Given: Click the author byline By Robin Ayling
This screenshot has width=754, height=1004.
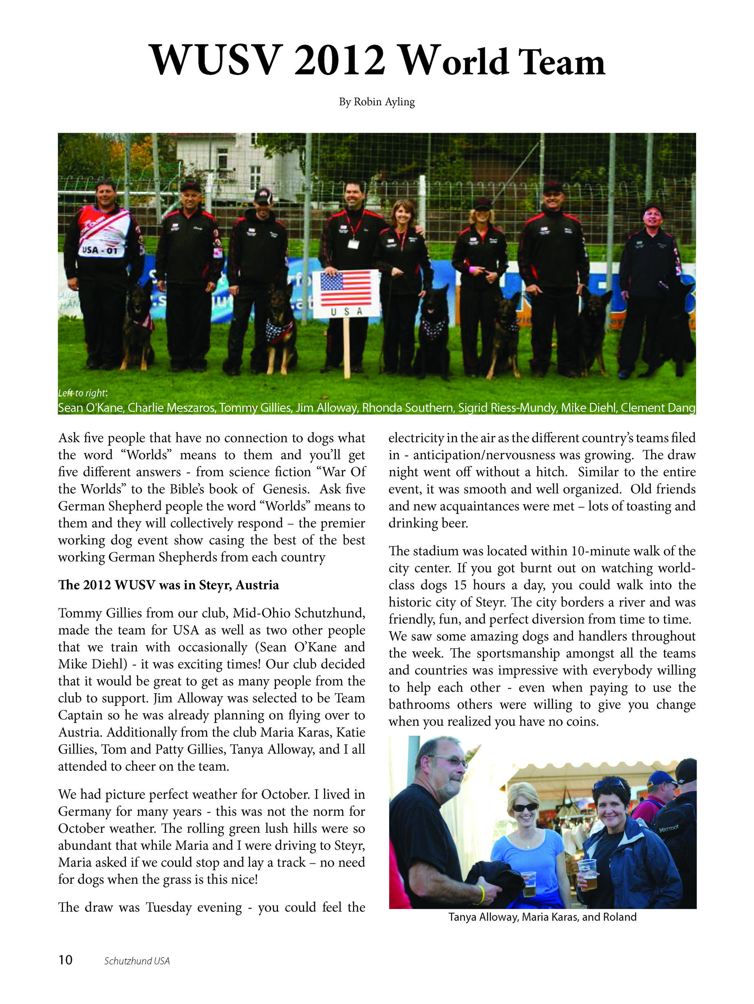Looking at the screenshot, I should tap(377, 102).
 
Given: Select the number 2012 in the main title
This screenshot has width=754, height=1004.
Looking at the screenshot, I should tap(340, 60).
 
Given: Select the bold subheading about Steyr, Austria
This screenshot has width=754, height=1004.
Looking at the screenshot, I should tap(168, 585).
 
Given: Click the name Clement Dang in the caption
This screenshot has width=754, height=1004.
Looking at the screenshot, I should tap(657, 407).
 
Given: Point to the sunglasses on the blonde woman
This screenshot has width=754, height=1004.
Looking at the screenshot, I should tap(525, 807).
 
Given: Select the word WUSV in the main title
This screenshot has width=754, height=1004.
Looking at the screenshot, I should tap(216, 60).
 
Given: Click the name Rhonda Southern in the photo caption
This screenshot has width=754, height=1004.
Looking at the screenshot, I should tap(408, 407).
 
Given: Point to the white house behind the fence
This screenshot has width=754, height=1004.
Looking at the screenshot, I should tap(236, 164).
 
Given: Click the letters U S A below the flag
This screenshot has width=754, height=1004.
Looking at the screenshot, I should tap(346, 312).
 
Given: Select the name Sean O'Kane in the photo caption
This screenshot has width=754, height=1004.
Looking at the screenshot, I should tap(91, 407).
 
